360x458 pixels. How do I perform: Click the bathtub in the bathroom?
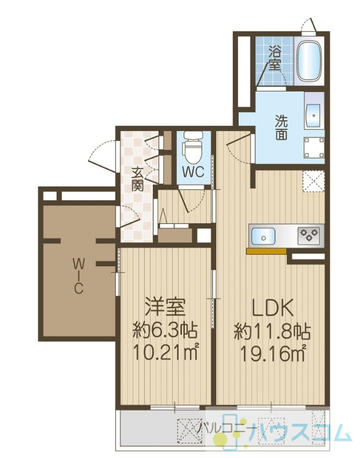[309, 61]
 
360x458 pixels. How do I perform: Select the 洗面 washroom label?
[281, 127]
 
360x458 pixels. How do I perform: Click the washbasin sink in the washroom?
[314, 116]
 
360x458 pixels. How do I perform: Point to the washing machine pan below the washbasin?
[314, 148]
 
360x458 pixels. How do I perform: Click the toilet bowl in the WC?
[192, 147]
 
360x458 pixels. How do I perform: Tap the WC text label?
[193, 172]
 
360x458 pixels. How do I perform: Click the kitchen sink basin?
[263, 237]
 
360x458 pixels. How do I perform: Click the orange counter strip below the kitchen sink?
[266, 251]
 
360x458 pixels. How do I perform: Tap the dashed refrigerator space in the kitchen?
[313, 181]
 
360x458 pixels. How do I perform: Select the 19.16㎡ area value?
[272, 353]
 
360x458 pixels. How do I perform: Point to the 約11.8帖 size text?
[272, 331]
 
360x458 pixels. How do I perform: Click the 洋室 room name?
[165, 307]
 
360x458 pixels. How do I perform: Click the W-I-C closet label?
[78, 277]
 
